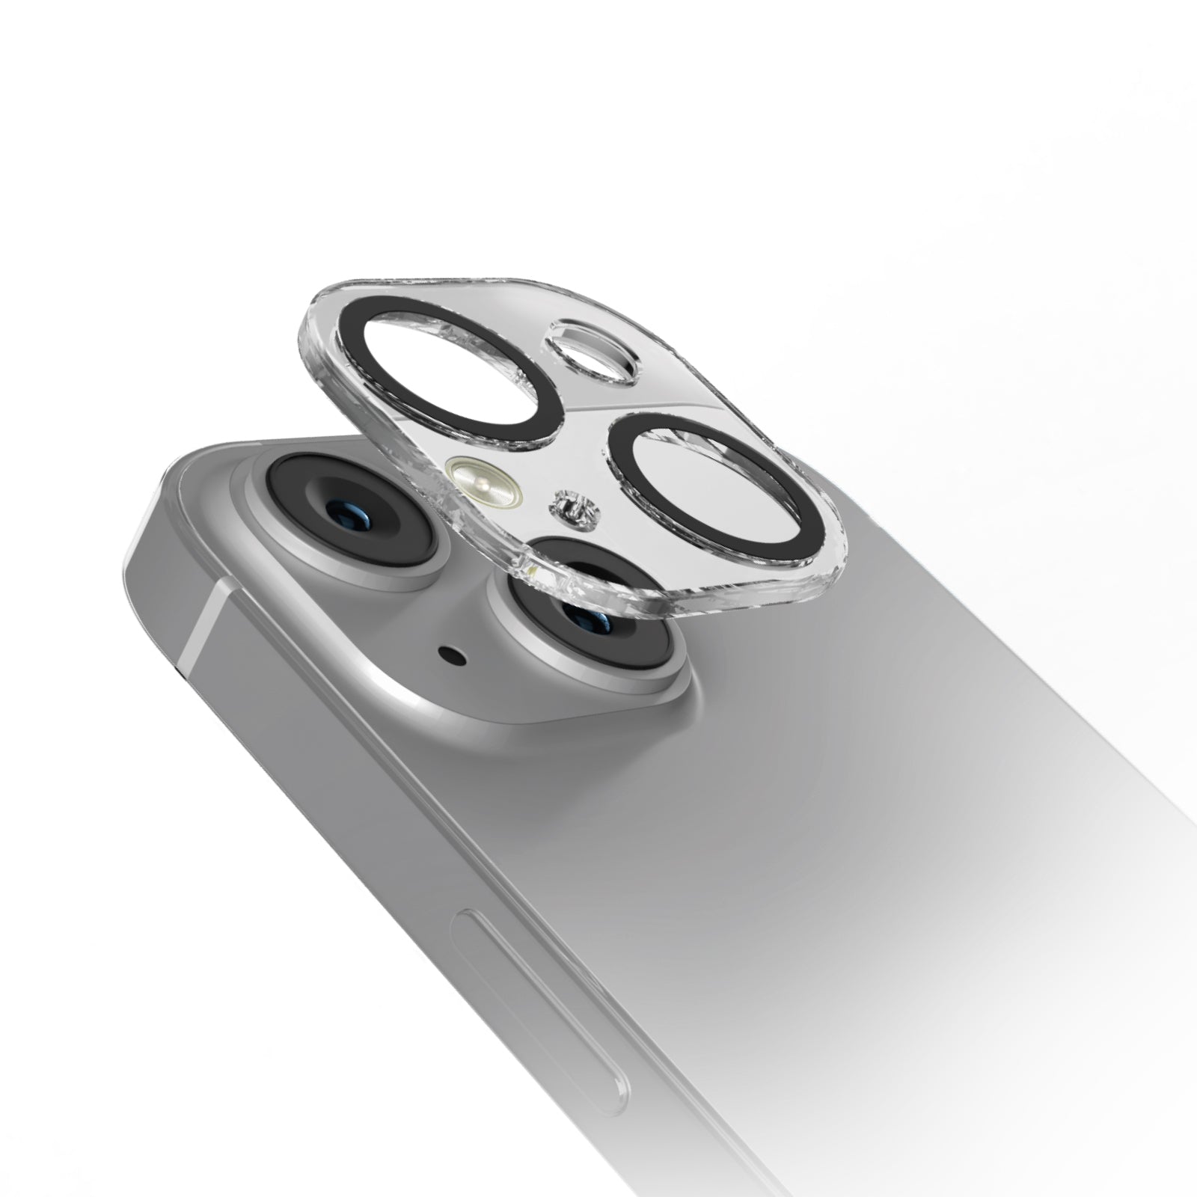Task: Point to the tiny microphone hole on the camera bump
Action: pyautogui.click(x=452, y=658)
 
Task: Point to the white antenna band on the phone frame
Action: pyautogui.click(x=206, y=613)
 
